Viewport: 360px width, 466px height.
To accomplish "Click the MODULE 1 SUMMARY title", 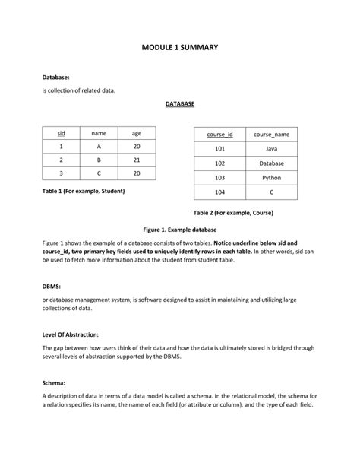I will coord(180,47).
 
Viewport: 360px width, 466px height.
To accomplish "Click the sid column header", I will coord(61,133).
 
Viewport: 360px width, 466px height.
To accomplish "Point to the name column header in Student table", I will coord(99,133).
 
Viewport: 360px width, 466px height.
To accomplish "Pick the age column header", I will coord(137,133).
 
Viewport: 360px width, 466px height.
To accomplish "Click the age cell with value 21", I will coord(137,160).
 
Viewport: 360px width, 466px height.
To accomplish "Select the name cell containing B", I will coord(99,160).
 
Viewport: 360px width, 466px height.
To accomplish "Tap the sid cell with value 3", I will coord(61,174).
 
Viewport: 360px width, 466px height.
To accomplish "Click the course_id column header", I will coord(219,135).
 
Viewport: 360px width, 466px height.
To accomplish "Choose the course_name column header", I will coord(271,135).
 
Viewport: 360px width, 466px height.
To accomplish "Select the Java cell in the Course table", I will coord(271,149).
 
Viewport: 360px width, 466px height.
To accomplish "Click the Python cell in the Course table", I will coord(271,178).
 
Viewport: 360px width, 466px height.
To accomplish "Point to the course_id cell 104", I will coord(219,192).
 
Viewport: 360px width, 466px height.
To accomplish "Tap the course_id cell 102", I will coord(219,163).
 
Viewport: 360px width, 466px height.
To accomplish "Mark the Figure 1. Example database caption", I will coord(180,229).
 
